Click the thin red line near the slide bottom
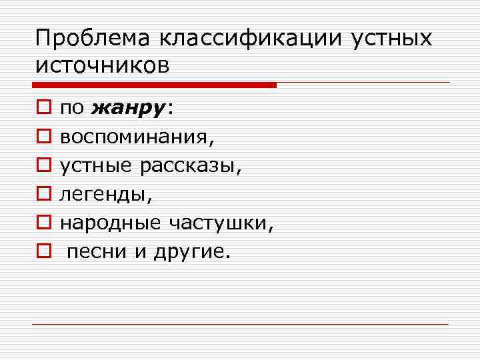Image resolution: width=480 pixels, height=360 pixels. coord(240,324)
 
